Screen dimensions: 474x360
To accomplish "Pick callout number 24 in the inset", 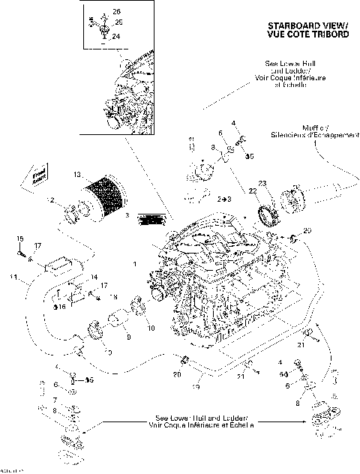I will (x=115, y=35).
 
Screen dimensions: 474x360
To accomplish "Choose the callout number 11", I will (x=13, y=279).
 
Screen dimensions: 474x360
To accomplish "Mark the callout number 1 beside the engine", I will (x=133, y=265).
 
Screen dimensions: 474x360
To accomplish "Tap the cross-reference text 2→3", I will (x=223, y=201).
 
